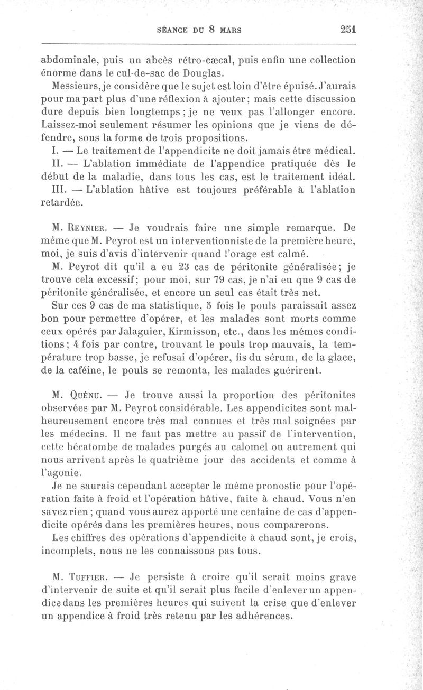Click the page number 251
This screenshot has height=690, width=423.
point(346,30)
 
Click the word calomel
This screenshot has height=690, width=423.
point(237,446)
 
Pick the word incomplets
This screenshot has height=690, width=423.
point(69,551)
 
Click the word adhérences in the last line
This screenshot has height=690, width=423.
point(263,616)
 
